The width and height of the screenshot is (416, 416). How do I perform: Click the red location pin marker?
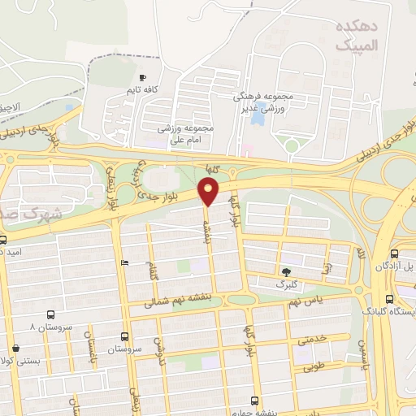click(x=209, y=192)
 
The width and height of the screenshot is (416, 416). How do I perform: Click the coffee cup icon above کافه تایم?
click(x=143, y=78)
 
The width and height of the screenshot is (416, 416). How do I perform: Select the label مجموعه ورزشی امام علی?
click(x=187, y=134)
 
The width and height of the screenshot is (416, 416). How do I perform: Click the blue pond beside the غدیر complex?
click(x=258, y=119)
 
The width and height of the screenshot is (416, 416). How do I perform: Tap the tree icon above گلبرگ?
click(x=285, y=271)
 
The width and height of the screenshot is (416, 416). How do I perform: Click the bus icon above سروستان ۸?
click(x=51, y=314)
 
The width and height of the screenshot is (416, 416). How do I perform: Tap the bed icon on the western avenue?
click(x=123, y=262)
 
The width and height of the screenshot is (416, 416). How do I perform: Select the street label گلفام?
click(x=153, y=271)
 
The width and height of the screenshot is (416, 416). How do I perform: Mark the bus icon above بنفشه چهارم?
click(x=255, y=401)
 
